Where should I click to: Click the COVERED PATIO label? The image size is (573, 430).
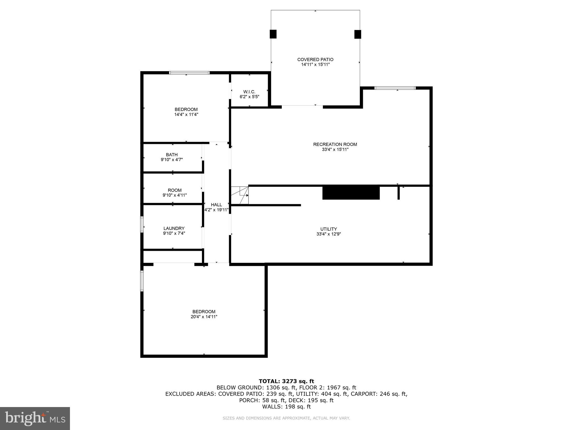(x=315, y=59)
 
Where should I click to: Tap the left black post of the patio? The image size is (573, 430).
(x=273, y=34)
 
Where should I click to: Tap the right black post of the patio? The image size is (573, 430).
(x=358, y=34)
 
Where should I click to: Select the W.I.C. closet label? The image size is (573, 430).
(x=249, y=92)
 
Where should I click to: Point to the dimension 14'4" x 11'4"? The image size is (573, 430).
(x=186, y=114)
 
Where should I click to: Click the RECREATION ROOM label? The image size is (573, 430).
(x=335, y=144)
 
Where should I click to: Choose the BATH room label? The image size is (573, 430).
(x=172, y=155)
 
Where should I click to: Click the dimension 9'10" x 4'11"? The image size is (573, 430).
(x=175, y=195)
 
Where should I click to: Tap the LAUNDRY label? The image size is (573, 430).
(x=174, y=228)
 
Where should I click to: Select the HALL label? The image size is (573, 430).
(x=216, y=205)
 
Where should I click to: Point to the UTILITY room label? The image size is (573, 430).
(x=328, y=229)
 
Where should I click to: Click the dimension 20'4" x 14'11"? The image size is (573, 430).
(x=204, y=317)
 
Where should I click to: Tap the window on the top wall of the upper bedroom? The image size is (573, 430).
(x=189, y=73)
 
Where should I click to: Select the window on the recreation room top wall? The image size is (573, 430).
(x=395, y=88)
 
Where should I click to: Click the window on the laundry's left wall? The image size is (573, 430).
(x=142, y=225)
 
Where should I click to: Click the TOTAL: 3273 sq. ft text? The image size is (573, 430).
(x=286, y=381)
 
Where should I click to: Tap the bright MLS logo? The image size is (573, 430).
(x=35, y=418)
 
